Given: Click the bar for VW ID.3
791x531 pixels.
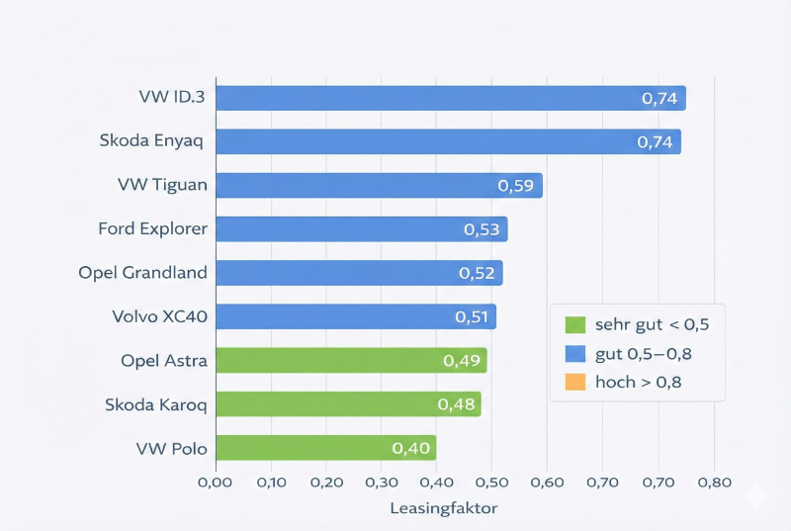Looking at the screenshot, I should tap(450, 98).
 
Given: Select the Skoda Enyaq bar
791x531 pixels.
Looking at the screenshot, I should tap(448, 141).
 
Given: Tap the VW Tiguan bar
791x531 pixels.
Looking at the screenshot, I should tap(379, 185).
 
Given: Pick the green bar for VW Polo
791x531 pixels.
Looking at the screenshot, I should tap(325, 448).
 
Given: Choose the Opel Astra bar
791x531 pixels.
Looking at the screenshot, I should tap(351, 360).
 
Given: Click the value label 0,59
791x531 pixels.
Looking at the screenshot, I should tap(515, 185).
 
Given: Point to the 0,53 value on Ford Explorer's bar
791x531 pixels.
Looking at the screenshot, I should tap(483, 229).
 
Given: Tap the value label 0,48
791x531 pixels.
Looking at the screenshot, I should tap(456, 404).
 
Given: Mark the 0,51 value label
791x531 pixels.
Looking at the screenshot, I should tap(473, 316).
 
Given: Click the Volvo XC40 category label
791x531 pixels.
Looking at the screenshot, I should tap(160, 316).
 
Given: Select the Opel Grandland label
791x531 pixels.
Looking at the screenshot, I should tap(143, 273).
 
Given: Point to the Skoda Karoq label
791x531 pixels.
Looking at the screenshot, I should tap(156, 404).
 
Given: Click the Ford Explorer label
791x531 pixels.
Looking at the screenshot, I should tap(153, 229).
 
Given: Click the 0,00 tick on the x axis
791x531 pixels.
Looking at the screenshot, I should tap(216, 483).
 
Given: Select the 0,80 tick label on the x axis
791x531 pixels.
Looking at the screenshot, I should tap(714, 483).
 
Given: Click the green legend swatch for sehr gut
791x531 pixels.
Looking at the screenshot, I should tap(574, 324).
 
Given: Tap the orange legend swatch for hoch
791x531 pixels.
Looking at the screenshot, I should tap(574, 382).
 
